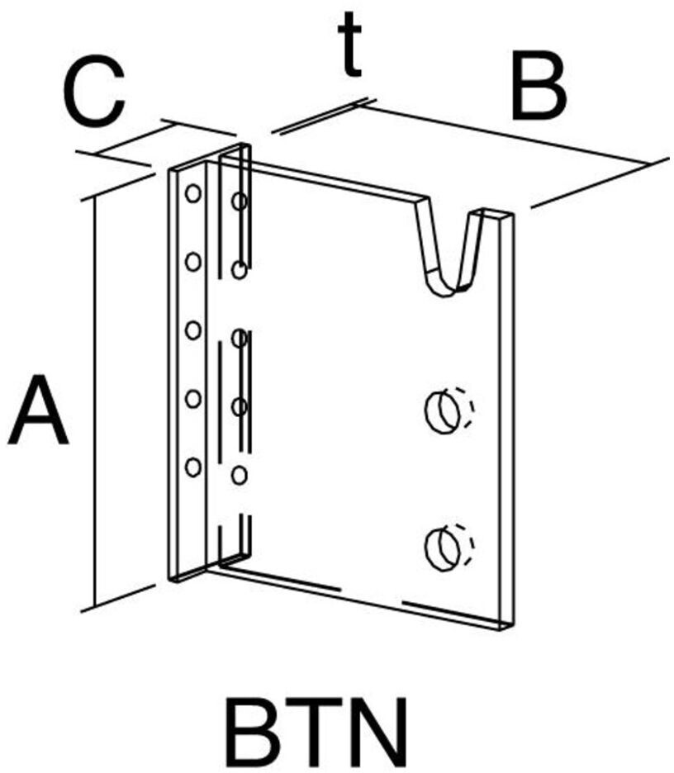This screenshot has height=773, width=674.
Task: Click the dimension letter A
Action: (x=38, y=410)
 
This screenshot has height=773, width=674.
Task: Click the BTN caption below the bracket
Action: (x=317, y=733)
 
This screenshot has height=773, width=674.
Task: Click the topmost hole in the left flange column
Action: (x=192, y=194)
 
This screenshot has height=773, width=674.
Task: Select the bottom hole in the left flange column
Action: (x=192, y=467)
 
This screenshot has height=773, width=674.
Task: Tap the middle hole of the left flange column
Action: (x=192, y=330)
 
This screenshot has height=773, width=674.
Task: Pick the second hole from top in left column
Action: (x=192, y=263)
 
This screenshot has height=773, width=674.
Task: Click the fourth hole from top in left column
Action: (x=192, y=399)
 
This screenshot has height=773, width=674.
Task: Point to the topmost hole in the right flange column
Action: (x=240, y=201)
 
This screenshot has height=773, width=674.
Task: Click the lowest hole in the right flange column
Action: (x=240, y=475)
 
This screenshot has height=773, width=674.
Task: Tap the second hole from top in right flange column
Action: (x=240, y=269)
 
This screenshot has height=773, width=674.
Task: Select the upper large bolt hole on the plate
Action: (x=443, y=410)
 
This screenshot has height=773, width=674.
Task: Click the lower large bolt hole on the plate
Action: (x=443, y=545)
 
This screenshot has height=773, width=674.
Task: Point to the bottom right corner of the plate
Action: (x=505, y=625)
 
